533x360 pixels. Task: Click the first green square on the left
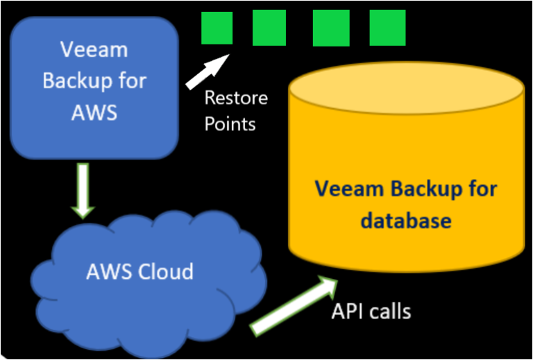[x=217, y=28]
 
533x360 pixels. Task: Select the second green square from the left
[x=269, y=28]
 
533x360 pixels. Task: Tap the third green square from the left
[x=331, y=28]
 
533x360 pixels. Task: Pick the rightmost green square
[x=387, y=28]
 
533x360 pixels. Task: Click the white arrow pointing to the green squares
[x=208, y=72]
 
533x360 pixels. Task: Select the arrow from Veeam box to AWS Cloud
[x=83, y=189]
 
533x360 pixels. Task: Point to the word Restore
[x=236, y=97]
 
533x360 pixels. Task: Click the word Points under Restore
[x=230, y=123]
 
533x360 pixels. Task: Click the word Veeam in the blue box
[x=94, y=49]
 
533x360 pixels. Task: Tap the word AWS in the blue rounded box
[x=94, y=112]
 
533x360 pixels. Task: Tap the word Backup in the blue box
[x=71, y=80]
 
